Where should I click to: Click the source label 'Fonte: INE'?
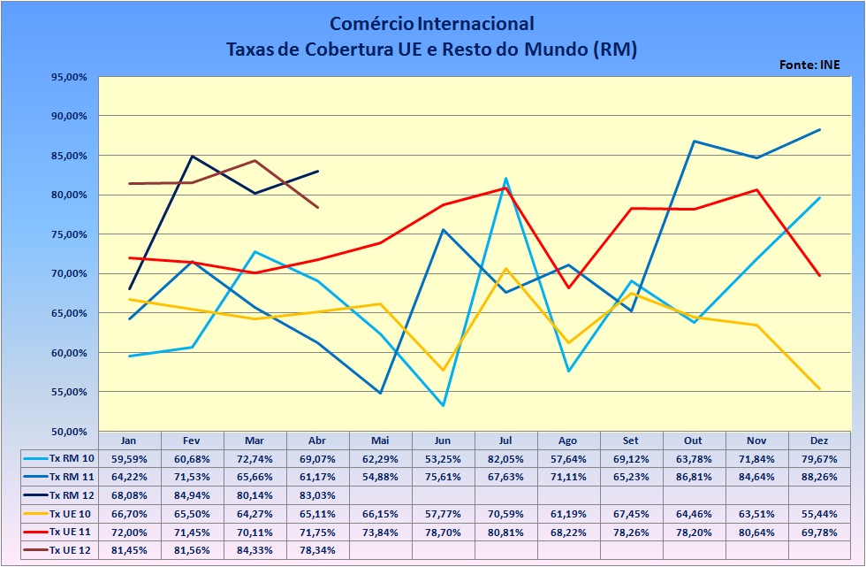pyautogui.click(x=809, y=65)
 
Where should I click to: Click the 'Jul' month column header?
pyautogui.click(x=506, y=440)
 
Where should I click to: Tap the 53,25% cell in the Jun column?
pyautogui.click(x=444, y=458)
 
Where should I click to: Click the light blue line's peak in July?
pyautogui.click(x=506, y=179)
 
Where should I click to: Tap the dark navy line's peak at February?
pyautogui.click(x=193, y=157)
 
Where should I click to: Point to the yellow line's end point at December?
pyautogui.click(x=820, y=388)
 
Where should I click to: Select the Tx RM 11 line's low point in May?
pyautogui.click(x=381, y=393)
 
